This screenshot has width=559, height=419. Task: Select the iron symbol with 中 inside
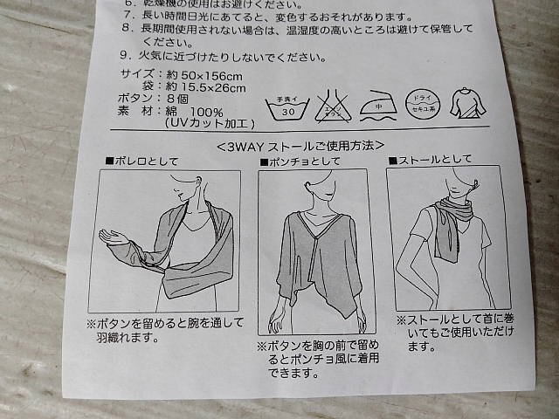click(x=377, y=104)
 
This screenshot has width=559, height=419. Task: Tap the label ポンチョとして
click(x=296, y=162)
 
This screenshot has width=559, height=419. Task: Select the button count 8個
click(x=173, y=100)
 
